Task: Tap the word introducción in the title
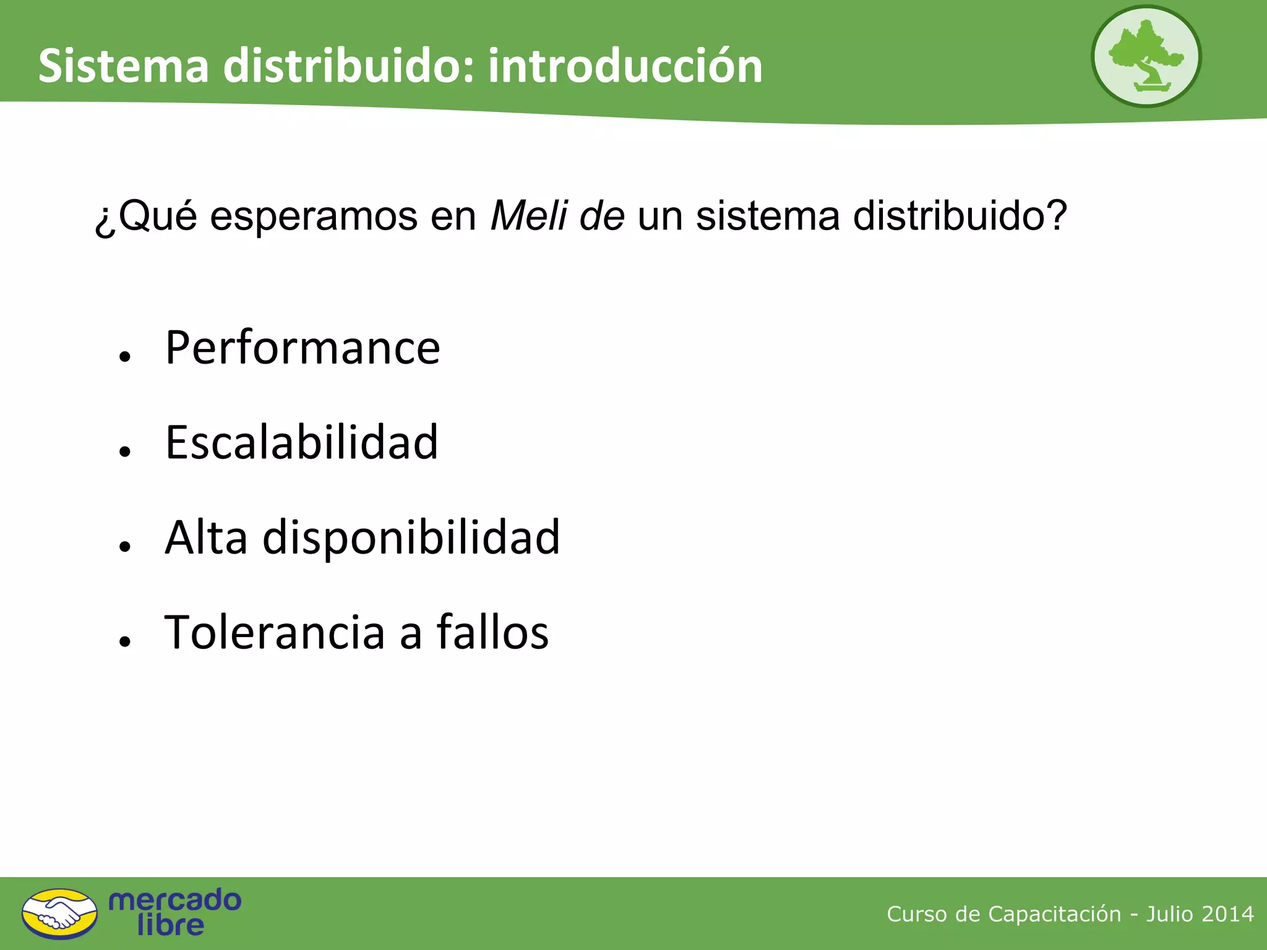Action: pos(625,66)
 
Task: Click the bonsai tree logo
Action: pos(1146,56)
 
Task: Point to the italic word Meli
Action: pos(529,216)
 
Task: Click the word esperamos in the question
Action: pos(314,216)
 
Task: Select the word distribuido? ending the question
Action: pos(960,216)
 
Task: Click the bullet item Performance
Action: pos(303,348)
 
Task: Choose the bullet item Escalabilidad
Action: pos(302,443)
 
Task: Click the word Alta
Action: pos(207,537)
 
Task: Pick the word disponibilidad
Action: pos(411,537)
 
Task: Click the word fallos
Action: pos(492,632)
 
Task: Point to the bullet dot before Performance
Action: pos(126,357)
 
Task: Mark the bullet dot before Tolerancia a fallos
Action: pos(126,641)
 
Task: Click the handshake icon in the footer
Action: pos(59,914)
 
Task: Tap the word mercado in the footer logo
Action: pos(175,900)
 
